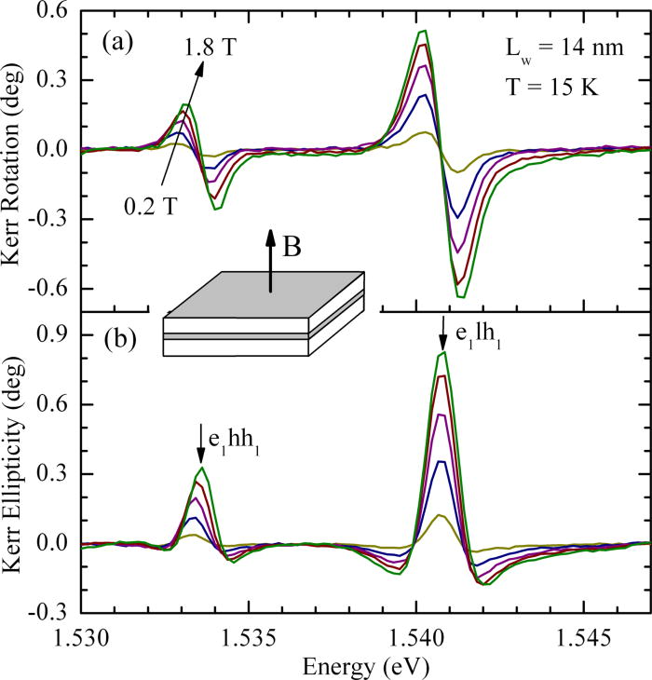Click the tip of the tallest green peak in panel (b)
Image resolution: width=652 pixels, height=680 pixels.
444,351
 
